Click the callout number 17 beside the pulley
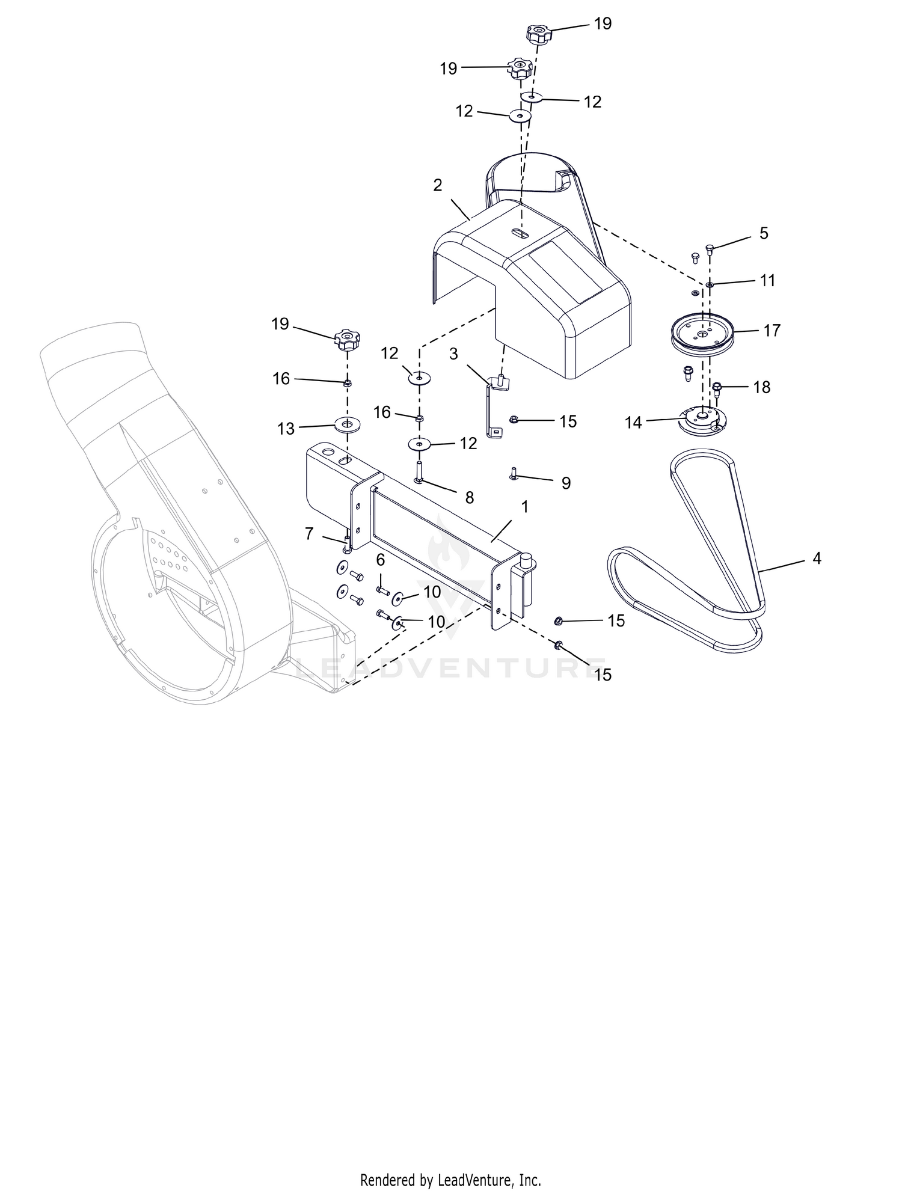[x=772, y=331]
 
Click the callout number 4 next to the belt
[x=816, y=559]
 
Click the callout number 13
[x=286, y=429]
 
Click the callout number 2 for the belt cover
[x=437, y=185]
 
